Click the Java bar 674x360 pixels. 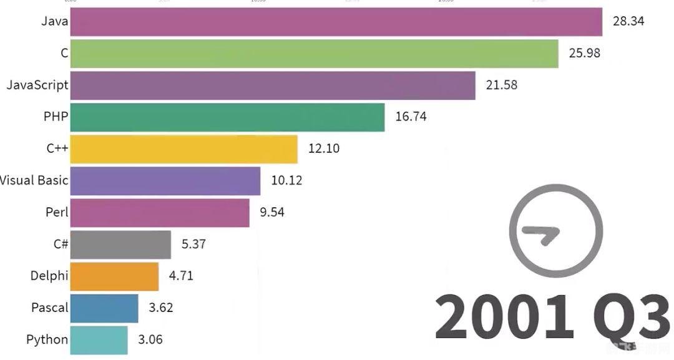tap(336, 22)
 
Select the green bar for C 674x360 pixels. tap(314, 54)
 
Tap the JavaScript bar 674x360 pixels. tap(273, 85)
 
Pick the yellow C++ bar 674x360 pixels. tap(183, 149)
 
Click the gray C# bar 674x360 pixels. tap(120, 245)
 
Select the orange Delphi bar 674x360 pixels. tap(114, 276)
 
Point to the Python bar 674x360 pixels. tap(99, 340)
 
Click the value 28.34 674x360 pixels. tap(628, 21)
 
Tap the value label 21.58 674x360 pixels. tap(501, 85)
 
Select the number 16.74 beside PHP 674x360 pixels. tap(411, 117)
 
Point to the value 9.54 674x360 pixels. tap(272, 212)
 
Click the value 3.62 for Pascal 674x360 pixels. tap(161, 308)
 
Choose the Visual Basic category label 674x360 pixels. tap(34, 181)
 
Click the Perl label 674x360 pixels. tap(57, 213)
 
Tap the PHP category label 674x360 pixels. tap(56, 117)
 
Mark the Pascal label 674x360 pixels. tap(49, 308)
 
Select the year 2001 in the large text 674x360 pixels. tap(504, 318)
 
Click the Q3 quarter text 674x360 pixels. tap(630, 318)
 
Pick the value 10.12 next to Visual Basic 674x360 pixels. tap(286, 181)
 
